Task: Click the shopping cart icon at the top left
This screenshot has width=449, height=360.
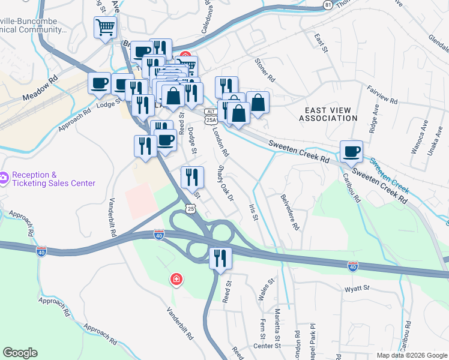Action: pos(105,28)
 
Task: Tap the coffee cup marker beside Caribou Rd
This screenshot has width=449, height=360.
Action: pos(351,151)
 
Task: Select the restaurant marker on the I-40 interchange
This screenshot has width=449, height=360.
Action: pos(220,258)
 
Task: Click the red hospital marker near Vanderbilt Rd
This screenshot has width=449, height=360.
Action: pos(176,278)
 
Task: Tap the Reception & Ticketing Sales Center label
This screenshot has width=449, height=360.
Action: pos(53,179)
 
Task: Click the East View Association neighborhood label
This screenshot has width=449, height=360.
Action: pos(331,114)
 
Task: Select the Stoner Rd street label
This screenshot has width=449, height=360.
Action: pos(264,70)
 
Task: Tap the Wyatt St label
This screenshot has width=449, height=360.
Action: pos(357,289)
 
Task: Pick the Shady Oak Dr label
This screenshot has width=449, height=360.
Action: pos(225,184)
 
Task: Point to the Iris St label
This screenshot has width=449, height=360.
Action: pos(253,211)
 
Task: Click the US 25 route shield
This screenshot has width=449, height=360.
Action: pos(190,208)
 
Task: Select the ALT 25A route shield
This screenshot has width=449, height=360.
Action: pos(210,116)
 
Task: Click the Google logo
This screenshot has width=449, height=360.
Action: pos(20,352)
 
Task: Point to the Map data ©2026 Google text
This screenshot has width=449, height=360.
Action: pos(412,355)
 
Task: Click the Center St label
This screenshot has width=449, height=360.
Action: pos(267,346)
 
